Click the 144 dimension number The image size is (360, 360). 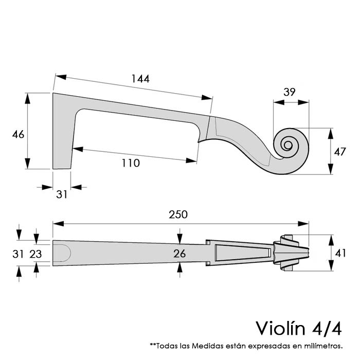140,79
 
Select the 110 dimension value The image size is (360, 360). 130,163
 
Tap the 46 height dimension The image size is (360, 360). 18,134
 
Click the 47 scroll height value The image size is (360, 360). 339,152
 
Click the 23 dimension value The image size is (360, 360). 35,253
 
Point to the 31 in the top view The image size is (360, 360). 18,253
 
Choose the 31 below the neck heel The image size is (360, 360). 62,194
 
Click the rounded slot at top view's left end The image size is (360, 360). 62,253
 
